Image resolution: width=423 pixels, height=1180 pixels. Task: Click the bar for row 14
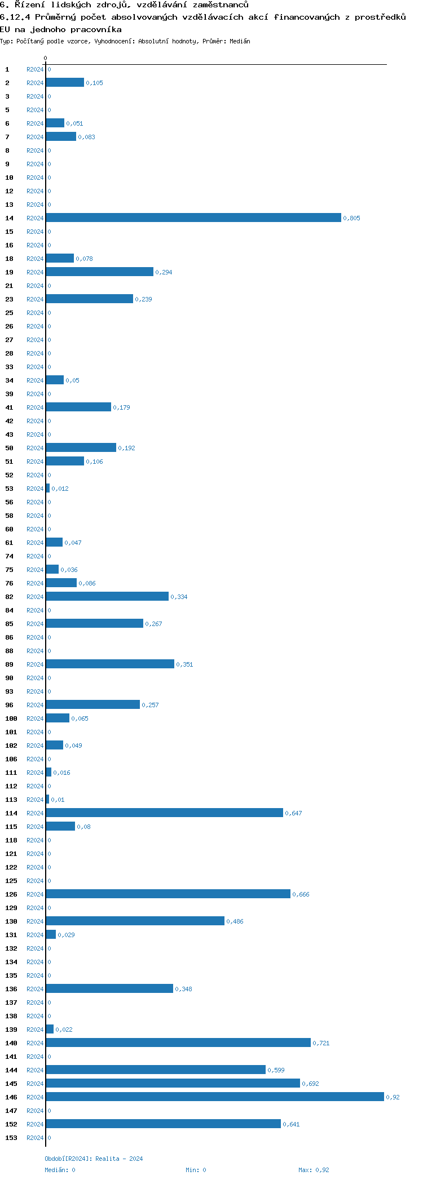click(x=193, y=218)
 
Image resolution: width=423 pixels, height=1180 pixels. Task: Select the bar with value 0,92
click(x=215, y=1097)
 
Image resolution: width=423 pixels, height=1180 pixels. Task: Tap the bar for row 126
click(x=168, y=894)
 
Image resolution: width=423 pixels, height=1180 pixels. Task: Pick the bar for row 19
click(x=99, y=272)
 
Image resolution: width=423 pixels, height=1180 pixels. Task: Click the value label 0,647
click(x=293, y=813)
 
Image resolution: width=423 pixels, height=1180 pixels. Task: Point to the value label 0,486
click(x=235, y=921)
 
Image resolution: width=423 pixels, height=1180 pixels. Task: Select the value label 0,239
click(x=143, y=299)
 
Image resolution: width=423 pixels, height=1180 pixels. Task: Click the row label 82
click(x=9, y=597)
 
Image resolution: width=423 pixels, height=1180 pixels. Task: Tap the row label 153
click(x=11, y=1138)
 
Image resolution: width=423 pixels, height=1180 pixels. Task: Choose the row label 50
click(x=9, y=448)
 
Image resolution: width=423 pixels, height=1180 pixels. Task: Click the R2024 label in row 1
click(x=35, y=69)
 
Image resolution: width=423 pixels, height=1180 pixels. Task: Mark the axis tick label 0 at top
click(x=46, y=58)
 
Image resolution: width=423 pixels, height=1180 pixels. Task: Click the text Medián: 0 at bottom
click(x=60, y=1170)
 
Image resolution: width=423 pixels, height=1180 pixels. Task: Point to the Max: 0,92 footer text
click(x=314, y=1170)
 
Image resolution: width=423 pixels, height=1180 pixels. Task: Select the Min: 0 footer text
click(x=196, y=1170)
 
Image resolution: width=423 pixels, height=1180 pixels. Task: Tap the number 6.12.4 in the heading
click(x=15, y=17)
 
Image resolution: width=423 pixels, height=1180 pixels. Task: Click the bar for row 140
click(x=178, y=1043)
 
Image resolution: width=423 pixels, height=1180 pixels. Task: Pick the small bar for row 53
click(x=48, y=488)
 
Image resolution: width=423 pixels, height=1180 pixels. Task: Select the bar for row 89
click(x=110, y=664)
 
